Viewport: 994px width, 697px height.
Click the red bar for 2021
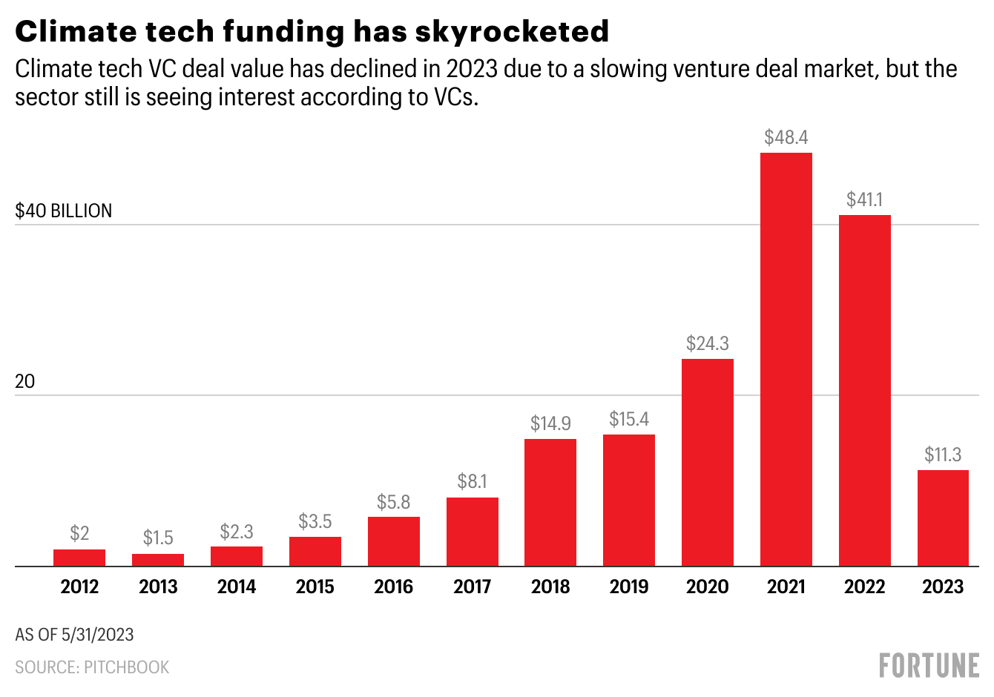786,360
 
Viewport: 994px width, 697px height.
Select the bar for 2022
865,391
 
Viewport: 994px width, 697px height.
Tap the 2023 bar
943,518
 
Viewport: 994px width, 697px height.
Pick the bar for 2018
550,503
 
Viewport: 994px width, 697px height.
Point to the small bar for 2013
158,560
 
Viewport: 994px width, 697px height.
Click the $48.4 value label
786,137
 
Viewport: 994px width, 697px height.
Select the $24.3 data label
708,343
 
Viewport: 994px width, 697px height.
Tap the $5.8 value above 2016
393,502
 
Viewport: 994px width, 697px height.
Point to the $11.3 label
943,455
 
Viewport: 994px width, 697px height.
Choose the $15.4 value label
629,419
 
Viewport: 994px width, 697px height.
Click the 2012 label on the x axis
79,587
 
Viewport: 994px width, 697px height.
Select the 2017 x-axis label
472,587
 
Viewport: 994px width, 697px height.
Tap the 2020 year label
708,587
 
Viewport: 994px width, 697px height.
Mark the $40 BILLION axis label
64,211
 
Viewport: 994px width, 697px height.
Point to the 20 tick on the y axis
25,381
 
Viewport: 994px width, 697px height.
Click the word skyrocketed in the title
512,31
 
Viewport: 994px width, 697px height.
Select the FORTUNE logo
929,665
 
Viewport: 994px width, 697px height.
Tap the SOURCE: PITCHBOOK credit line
92,667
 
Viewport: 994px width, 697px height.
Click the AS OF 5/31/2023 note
74,635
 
